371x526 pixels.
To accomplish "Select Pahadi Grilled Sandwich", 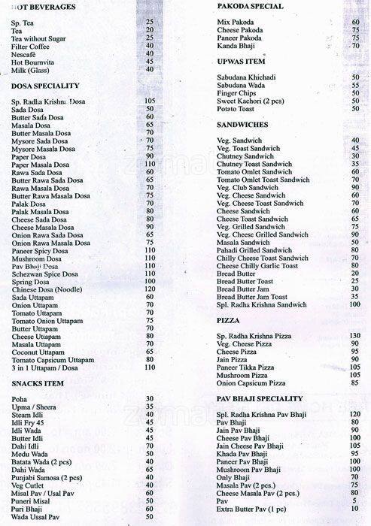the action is [x=254, y=250].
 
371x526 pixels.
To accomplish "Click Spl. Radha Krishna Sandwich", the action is [x=260, y=305].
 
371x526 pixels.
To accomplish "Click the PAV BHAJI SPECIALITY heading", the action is [x=259, y=398].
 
